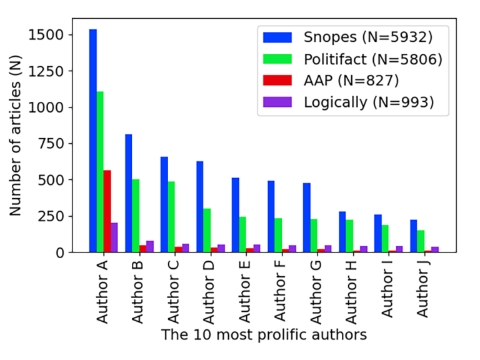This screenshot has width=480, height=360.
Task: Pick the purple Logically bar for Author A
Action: [x=114, y=237]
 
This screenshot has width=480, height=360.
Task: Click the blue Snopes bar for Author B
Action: [x=128, y=193]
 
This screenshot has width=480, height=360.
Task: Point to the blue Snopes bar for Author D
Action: [x=200, y=207]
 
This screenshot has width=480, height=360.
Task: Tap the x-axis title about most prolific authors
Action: [x=264, y=335]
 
